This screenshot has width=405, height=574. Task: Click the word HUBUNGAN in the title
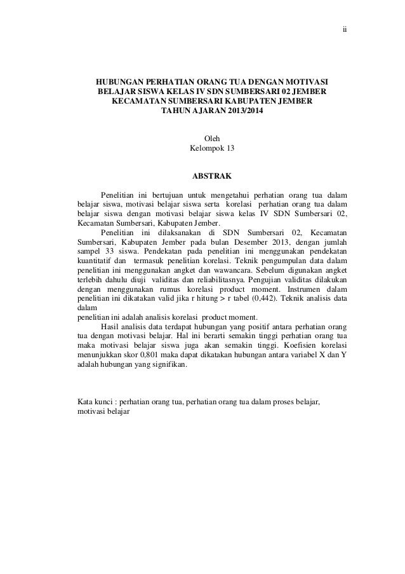coord(120,83)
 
